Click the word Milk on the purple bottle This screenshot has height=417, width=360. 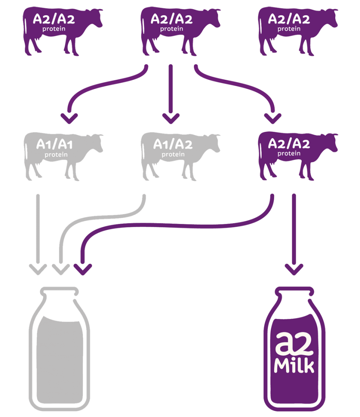[294, 366]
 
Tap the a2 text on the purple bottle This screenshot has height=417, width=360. [294, 344]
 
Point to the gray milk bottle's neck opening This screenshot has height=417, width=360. [60, 292]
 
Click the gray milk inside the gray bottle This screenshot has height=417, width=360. [60, 359]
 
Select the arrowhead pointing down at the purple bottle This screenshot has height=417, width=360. [294, 269]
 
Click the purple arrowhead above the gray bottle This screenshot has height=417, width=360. [83, 269]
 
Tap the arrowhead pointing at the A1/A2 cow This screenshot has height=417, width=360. [171, 119]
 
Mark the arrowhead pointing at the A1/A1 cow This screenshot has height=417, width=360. [69, 119]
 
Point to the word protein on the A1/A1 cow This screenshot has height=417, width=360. [56, 154]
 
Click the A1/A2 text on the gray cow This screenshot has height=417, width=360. [173, 145]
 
